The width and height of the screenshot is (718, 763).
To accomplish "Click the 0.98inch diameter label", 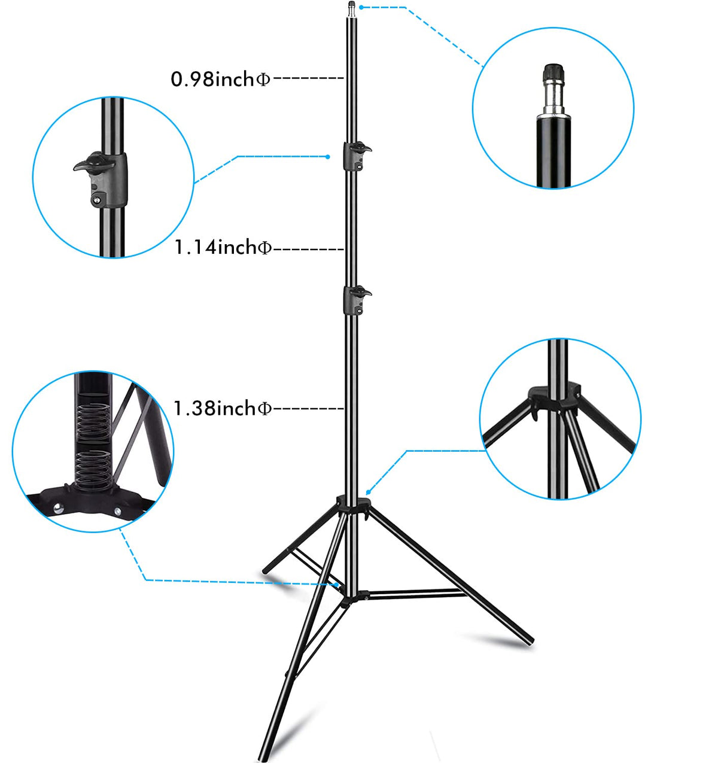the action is click(x=221, y=79).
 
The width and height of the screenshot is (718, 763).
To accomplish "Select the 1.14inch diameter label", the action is click(x=223, y=247).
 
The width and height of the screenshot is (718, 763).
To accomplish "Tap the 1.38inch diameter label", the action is click(x=223, y=408).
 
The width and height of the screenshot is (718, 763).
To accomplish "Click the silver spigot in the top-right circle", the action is click(x=553, y=98).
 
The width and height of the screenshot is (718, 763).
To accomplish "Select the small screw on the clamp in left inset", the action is click(x=95, y=199).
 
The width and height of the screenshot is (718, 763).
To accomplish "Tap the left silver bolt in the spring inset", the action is click(x=58, y=509).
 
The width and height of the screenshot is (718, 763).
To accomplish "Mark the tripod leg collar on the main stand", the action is click(x=352, y=506).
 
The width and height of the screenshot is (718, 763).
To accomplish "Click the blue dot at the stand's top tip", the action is click(x=361, y=7).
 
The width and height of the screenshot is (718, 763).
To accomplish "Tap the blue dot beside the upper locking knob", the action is click(x=328, y=157).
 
